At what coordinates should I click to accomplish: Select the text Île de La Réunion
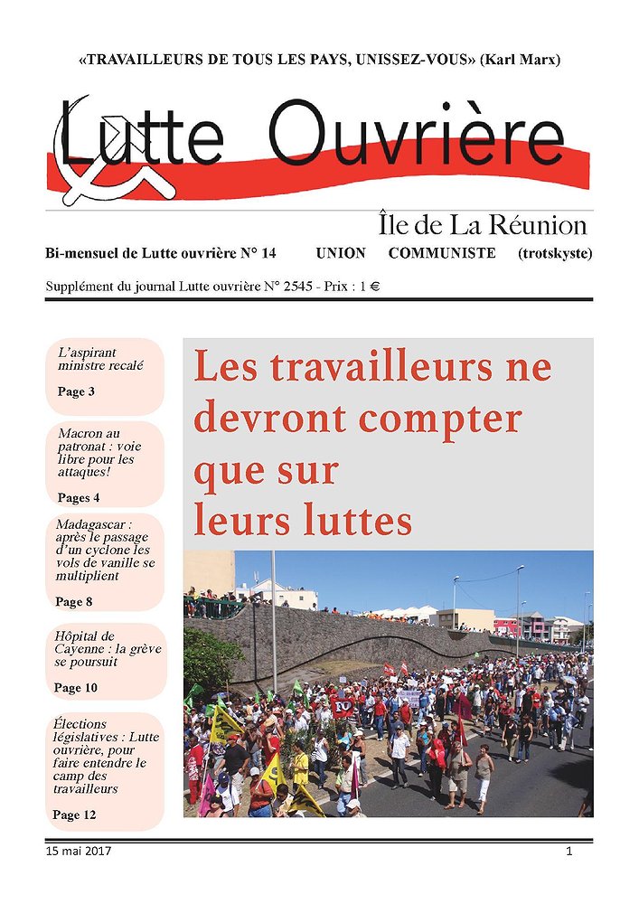click(x=481, y=225)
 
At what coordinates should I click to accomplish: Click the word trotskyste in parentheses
click(x=555, y=253)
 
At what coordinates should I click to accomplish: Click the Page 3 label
click(x=76, y=392)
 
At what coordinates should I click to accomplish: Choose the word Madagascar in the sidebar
click(x=94, y=524)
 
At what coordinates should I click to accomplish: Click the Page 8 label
click(x=74, y=602)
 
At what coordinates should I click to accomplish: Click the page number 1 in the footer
click(x=569, y=852)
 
